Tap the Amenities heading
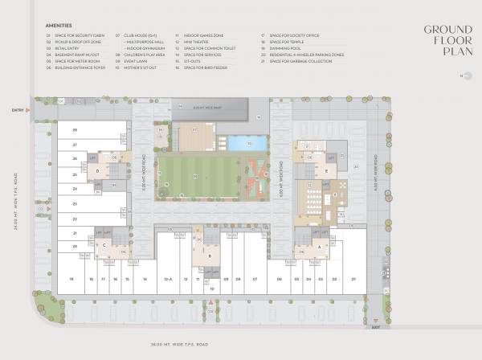(x=60, y=27)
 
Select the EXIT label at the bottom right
(x=375, y=327)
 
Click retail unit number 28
(x=74, y=129)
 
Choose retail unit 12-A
(x=168, y=278)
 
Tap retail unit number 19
(x=71, y=278)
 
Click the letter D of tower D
(x=97, y=170)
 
